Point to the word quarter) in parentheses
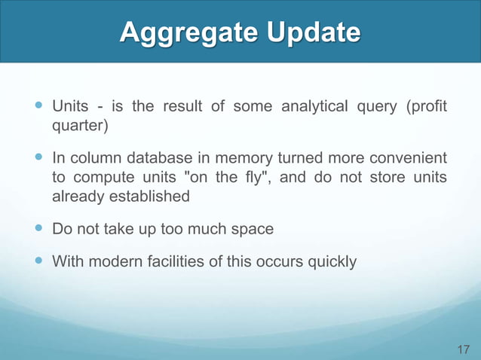79,125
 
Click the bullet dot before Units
38,106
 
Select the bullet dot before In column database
38,159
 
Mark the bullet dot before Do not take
38,228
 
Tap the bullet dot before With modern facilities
38,262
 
